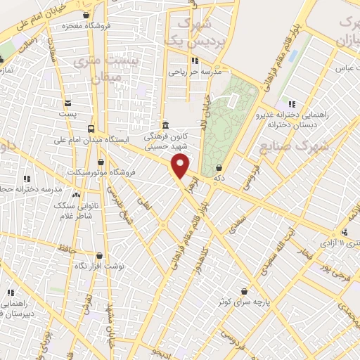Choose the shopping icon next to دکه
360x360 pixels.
coord(221,168)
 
